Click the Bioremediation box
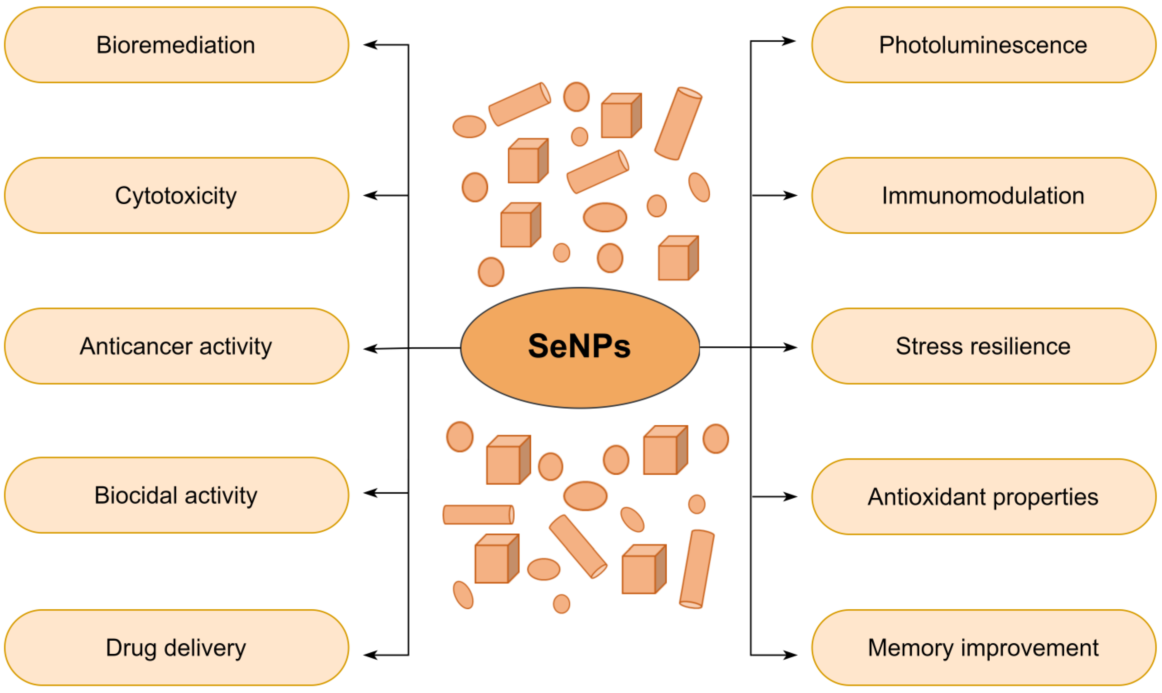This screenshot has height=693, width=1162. click(176, 45)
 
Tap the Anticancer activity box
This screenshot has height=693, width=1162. click(176, 346)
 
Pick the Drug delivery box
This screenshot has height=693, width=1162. click(176, 648)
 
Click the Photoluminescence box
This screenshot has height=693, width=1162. click(983, 45)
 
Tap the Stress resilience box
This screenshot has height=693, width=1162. click(983, 346)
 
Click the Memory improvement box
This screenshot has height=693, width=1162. click(983, 648)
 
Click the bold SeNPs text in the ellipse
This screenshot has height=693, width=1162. click(579, 346)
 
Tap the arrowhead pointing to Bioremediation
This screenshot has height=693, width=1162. click(370, 45)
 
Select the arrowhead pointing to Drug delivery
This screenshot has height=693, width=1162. click(370, 655)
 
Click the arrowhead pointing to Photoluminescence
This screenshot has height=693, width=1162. click(789, 41)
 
